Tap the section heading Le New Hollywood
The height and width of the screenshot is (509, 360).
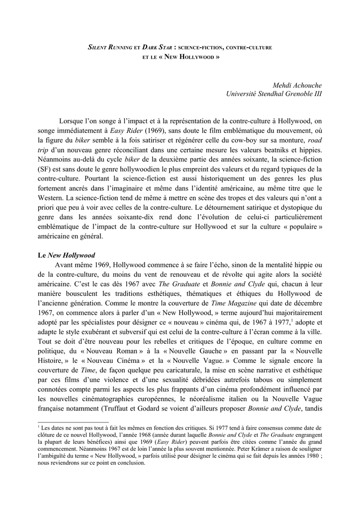click(66, 255)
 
